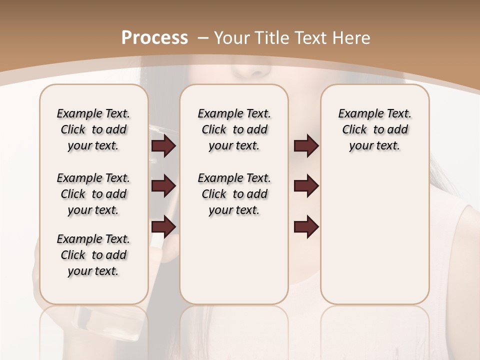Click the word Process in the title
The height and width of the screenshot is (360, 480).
(x=154, y=38)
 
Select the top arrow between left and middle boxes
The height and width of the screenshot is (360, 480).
(x=163, y=146)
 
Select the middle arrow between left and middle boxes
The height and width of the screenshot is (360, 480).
(x=163, y=186)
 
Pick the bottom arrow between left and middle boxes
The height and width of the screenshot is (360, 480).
(x=163, y=227)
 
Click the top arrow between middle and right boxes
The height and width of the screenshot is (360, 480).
(x=306, y=146)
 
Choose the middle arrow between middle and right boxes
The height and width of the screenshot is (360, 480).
(x=306, y=186)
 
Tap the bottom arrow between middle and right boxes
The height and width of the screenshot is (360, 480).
(x=306, y=227)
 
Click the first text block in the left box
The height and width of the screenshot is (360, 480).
(x=93, y=129)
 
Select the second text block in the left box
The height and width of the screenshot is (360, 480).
(x=93, y=194)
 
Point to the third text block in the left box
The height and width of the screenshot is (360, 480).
(x=93, y=255)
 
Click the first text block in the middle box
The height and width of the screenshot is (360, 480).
(x=234, y=129)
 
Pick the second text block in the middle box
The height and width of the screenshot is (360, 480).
(x=234, y=194)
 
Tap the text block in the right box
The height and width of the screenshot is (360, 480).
(x=375, y=129)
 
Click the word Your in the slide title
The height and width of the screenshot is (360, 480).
(x=232, y=38)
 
